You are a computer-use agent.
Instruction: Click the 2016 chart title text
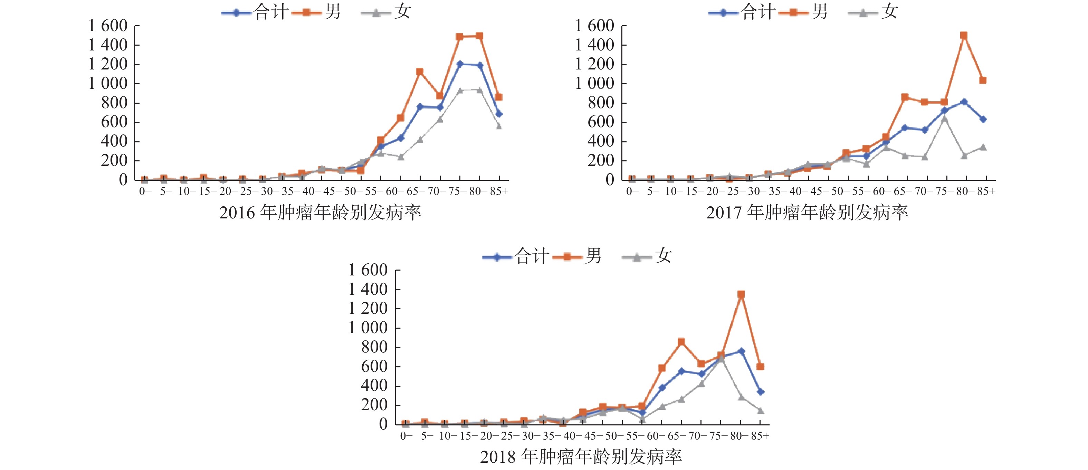point(320,213)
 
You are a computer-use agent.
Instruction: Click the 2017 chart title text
point(807,213)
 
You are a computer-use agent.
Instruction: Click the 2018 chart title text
point(581,457)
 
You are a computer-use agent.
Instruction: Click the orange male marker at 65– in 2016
point(420,72)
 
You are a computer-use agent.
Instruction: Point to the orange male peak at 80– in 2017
point(964,36)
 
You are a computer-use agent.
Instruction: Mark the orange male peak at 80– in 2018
point(741,294)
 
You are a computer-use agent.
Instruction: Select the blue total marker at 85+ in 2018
point(760,392)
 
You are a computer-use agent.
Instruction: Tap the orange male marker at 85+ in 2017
point(983,80)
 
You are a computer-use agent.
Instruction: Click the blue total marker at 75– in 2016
point(459,64)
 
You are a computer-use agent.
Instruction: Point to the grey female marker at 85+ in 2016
point(499,126)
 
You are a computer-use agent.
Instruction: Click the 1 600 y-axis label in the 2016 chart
point(108,26)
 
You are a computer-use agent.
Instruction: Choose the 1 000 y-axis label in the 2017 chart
point(594,84)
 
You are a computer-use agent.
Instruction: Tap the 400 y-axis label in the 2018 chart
point(374,386)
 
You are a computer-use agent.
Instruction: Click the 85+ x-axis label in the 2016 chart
point(499,191)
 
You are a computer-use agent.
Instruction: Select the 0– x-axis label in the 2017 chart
point(632,191)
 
